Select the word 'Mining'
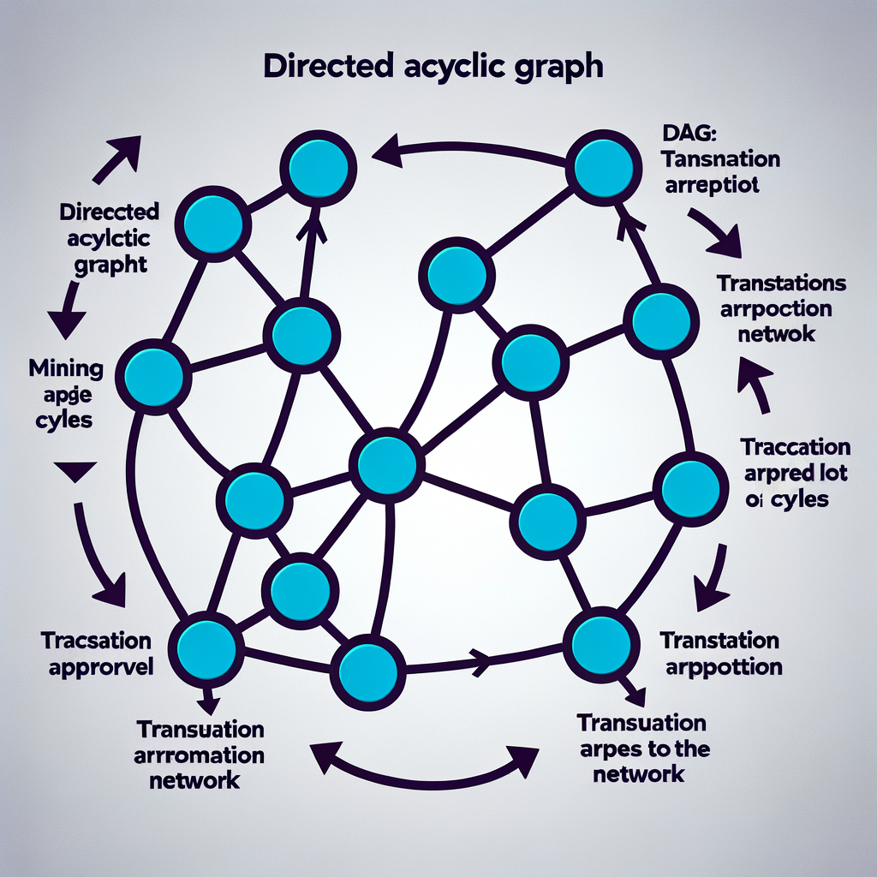pos(66,369)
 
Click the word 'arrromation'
pos(200,755)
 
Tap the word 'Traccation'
pos(796,447)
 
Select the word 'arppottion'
pos(720,665)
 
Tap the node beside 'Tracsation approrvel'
pos(206,648)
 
